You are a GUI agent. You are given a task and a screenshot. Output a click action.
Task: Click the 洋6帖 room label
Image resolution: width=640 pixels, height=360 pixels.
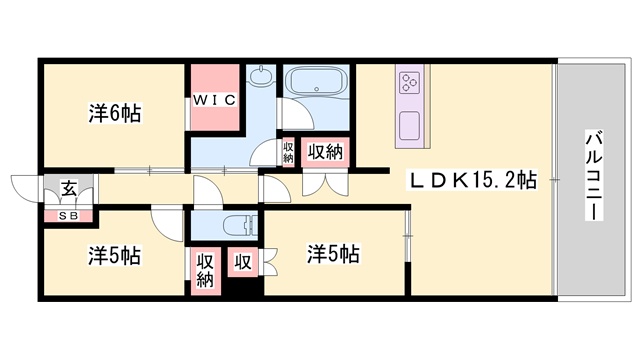point(114,113)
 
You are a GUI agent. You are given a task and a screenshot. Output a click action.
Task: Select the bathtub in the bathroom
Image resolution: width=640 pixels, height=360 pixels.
point(313,83)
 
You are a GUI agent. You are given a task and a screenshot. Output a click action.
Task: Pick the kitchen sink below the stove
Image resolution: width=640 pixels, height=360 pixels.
point(410,126)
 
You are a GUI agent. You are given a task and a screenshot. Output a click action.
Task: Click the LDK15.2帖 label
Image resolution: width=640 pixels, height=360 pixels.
point(471,181)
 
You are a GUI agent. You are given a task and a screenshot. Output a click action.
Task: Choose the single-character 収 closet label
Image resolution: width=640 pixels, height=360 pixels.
point(242,262)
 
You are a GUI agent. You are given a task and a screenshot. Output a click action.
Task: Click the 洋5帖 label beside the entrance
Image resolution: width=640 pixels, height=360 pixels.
point(114,255)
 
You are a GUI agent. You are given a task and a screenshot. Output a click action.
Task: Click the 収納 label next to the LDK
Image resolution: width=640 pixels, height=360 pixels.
point(326,152)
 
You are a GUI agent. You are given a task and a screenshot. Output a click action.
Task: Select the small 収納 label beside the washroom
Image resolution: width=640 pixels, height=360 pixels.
point(288,152)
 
